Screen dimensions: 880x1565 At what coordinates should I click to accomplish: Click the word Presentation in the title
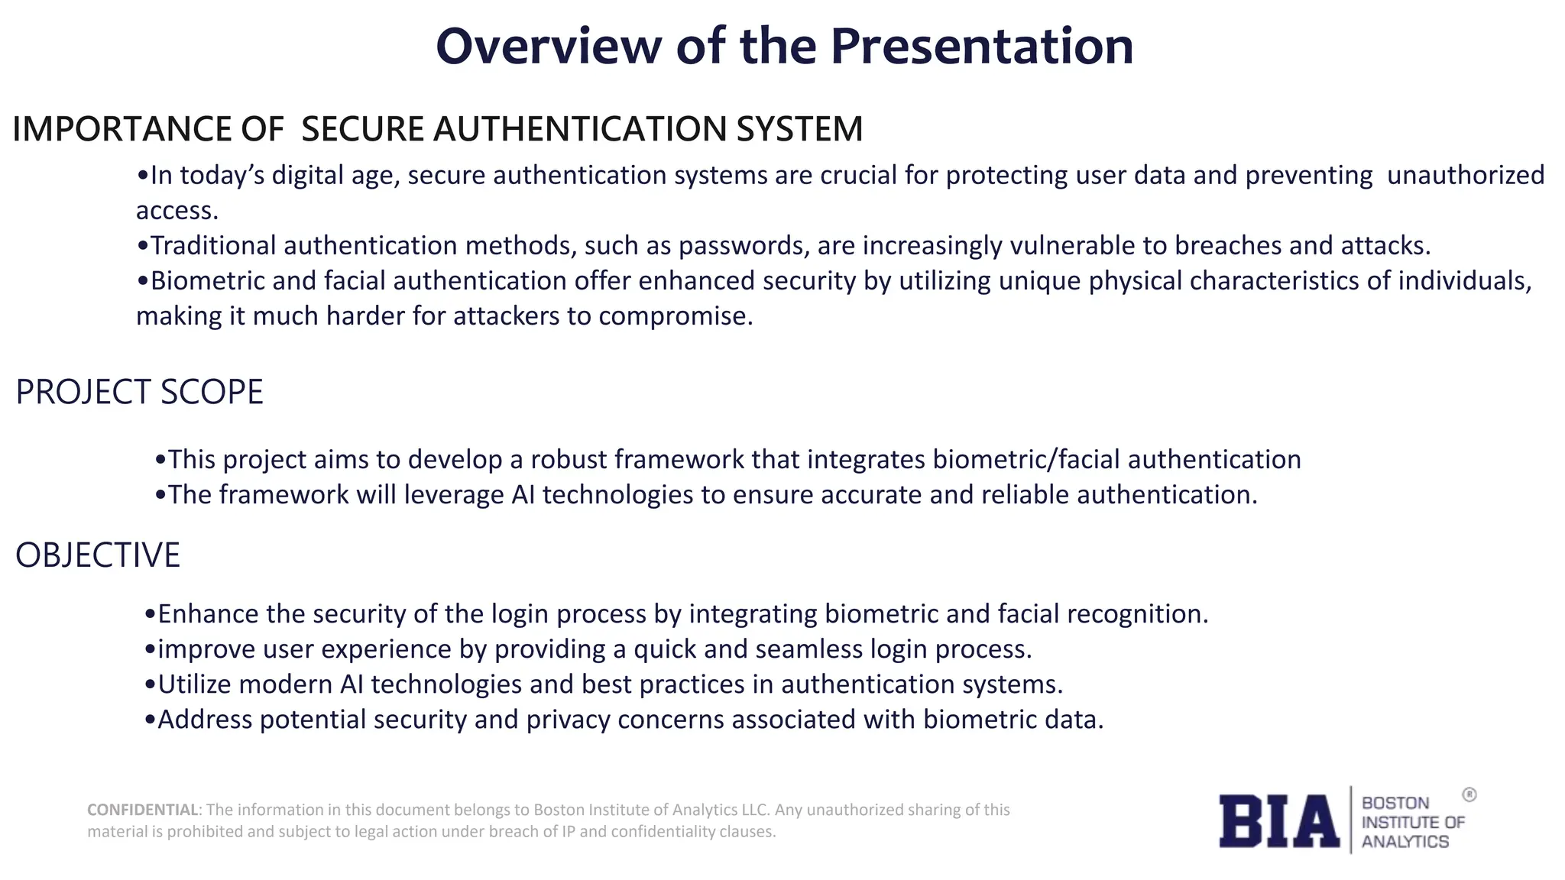tap(981, 47)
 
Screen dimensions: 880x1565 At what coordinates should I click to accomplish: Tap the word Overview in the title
tap(548, 47)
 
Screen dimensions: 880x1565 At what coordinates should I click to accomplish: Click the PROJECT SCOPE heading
tap(139, 393)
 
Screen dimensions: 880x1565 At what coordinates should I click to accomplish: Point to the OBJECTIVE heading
tap(98, 555)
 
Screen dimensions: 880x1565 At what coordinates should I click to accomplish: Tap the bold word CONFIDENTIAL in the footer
tap(143, 810)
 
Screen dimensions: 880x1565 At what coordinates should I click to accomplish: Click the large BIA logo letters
tap(1278, 821)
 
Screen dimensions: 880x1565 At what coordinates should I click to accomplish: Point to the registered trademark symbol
tap(1469, 795)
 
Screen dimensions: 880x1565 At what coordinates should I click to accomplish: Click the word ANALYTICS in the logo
tap(1405, 842)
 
